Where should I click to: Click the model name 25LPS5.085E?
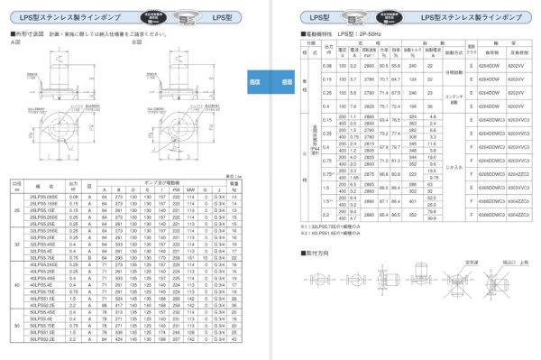44,195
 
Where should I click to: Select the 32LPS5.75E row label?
44,256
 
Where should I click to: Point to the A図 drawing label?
14,42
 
